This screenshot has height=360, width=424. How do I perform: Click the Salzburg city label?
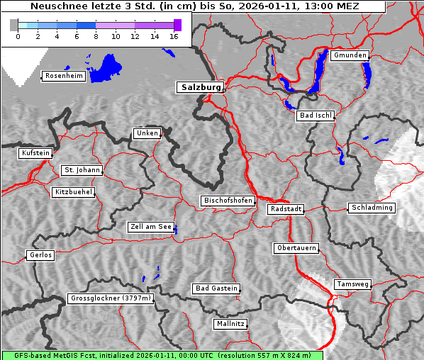coord(199,87)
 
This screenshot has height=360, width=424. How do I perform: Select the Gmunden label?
coord(350,55)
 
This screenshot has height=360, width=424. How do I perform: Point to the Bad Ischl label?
coord(316,116)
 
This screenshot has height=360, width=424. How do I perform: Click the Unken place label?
coord(146,133)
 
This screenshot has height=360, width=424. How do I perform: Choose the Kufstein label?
coord(35,153)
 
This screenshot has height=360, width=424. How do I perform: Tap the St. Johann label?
coord(82,170)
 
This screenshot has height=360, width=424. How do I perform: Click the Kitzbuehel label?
coord(73,192)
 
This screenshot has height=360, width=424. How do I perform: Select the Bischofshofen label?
coord(228,201)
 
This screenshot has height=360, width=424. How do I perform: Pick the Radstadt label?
coord(286,209)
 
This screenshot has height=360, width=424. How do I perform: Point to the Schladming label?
coord(372,208)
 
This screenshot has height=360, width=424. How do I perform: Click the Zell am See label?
coord(150,227)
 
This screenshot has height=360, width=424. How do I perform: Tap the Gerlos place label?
coord(40,255)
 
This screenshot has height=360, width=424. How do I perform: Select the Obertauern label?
coord(296,248)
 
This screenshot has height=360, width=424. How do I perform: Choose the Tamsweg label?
coord(352,284)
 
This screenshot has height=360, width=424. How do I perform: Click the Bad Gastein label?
coord(216,288)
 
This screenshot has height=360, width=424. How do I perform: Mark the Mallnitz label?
coord(230,324)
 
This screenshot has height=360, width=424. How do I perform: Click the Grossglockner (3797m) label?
coord(111,298)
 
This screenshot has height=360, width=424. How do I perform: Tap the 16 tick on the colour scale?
coord(173,36)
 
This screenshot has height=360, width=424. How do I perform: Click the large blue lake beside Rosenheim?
coord(106,67)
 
